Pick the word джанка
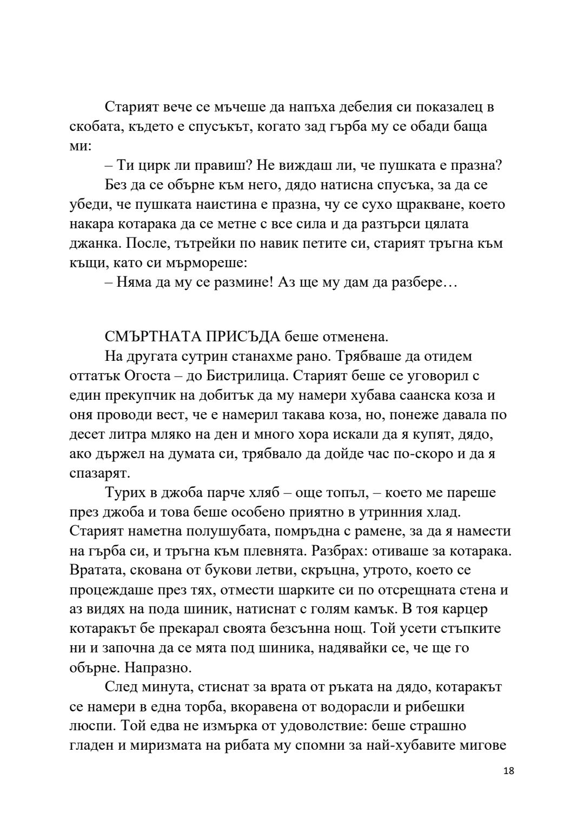94,243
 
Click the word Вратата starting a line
95,570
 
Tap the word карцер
463,609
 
